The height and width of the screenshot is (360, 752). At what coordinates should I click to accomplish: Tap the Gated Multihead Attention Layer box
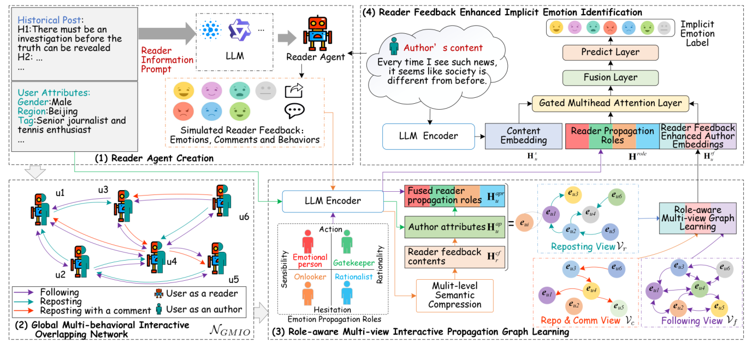[x=611, y=103]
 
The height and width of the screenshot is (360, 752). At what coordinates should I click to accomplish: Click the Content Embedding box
[x=523, y=135]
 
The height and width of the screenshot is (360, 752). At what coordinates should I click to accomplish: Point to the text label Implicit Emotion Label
[x=697, y=34]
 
